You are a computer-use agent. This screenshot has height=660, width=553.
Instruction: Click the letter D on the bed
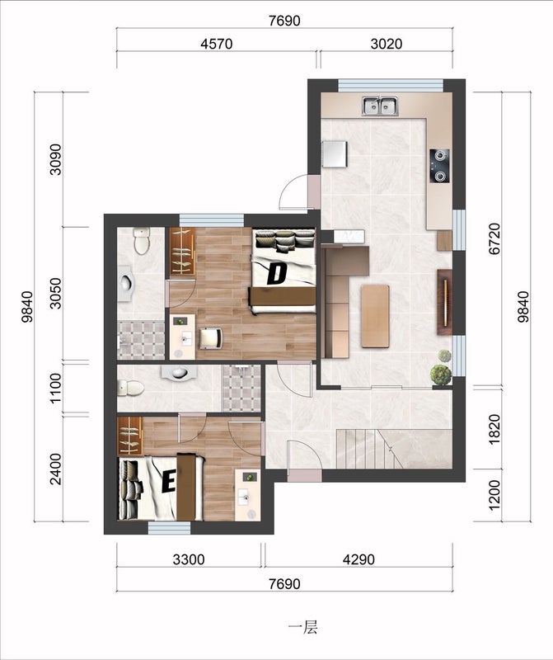[277, 274]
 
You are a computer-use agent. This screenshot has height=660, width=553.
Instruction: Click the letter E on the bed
[169, 482]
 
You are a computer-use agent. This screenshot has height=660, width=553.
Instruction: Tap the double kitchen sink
[380, 106]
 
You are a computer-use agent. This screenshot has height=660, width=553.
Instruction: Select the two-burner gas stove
[439, 166]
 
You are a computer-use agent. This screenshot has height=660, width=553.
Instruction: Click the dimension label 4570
[216, 44]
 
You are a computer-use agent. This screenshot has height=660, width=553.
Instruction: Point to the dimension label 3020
[386, 44]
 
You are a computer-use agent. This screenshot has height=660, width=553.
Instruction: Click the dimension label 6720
[494, 238]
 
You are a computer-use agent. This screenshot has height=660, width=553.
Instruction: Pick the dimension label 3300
[189, 559]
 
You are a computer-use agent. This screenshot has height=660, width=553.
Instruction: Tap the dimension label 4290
[359, 559]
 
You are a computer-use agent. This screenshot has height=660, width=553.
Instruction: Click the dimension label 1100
[55, 388]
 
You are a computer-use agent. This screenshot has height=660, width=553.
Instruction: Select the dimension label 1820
[494, 429]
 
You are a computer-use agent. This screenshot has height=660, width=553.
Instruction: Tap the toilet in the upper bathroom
[142, 241]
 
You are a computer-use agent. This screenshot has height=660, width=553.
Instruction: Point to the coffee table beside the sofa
[375, 316]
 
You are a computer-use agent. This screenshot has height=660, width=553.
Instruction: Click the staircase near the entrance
[370, 449]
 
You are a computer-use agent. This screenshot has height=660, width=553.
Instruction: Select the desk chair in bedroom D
[211, 338]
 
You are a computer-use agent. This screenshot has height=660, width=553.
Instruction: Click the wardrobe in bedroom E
[130, 436]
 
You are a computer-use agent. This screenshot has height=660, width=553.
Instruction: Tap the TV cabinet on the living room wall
[444, 302]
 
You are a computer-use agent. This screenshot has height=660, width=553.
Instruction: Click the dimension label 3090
[55, 159]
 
